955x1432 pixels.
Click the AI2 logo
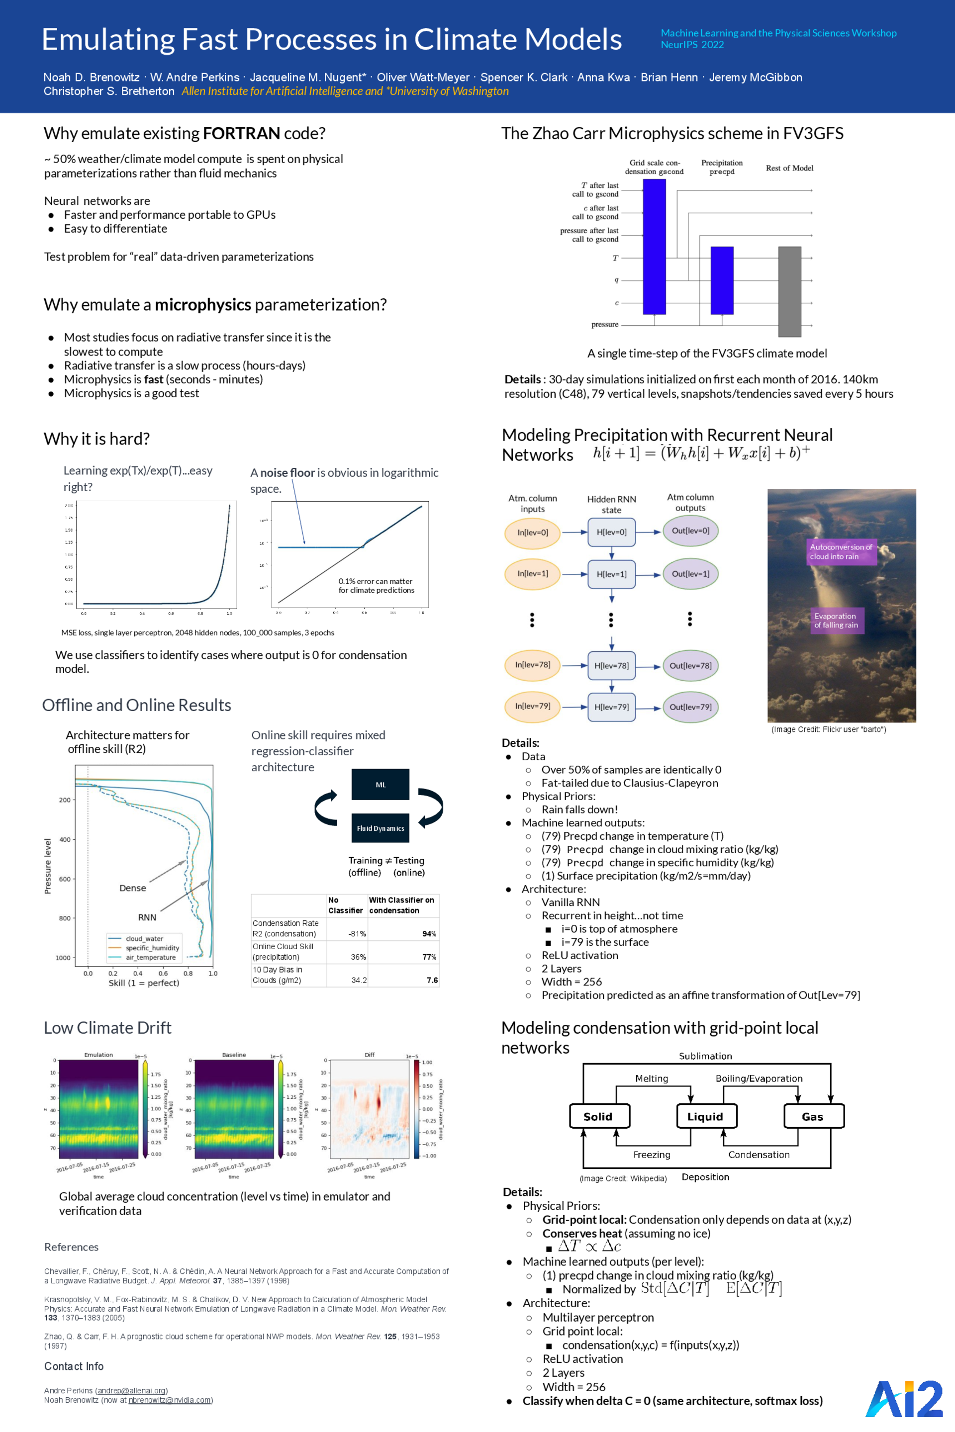[x=904, y=1399]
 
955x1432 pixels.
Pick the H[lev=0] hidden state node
[x=611, y=532]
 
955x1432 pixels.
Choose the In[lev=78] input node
[x=532, y=665]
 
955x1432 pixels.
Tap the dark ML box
[x=380, y=785]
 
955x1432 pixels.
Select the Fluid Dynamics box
[x=380, y=828]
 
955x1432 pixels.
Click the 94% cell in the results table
[x=429, y=933]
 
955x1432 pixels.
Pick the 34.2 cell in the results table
[x=359, y=980]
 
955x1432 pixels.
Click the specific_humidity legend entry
[x=152, y=948]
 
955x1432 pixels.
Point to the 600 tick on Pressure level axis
[x=65, y=879]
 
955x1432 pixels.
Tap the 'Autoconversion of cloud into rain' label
[x=841, y=551]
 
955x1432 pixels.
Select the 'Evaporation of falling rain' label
[x=836, y=621]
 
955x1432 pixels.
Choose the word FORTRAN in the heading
[x=241, y=133]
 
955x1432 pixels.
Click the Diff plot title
[x=369, y=1055]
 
